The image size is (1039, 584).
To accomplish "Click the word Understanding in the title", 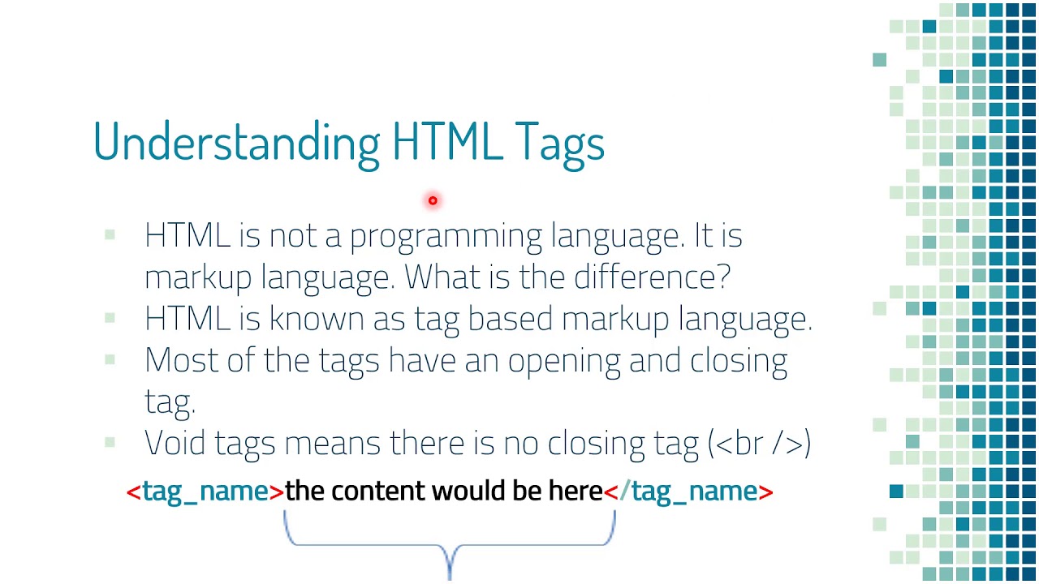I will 236,143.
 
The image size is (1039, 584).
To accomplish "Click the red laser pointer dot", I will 433,200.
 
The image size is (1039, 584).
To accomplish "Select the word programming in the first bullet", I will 446,237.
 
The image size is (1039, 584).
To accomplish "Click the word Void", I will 176,443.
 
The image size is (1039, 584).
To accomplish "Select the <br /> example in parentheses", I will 760,444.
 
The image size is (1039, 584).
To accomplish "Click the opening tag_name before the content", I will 205,492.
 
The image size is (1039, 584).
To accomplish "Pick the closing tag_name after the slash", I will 694,492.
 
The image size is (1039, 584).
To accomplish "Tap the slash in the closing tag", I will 624,492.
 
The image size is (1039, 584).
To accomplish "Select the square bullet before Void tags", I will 110,442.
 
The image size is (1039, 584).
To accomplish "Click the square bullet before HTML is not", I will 110,235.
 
